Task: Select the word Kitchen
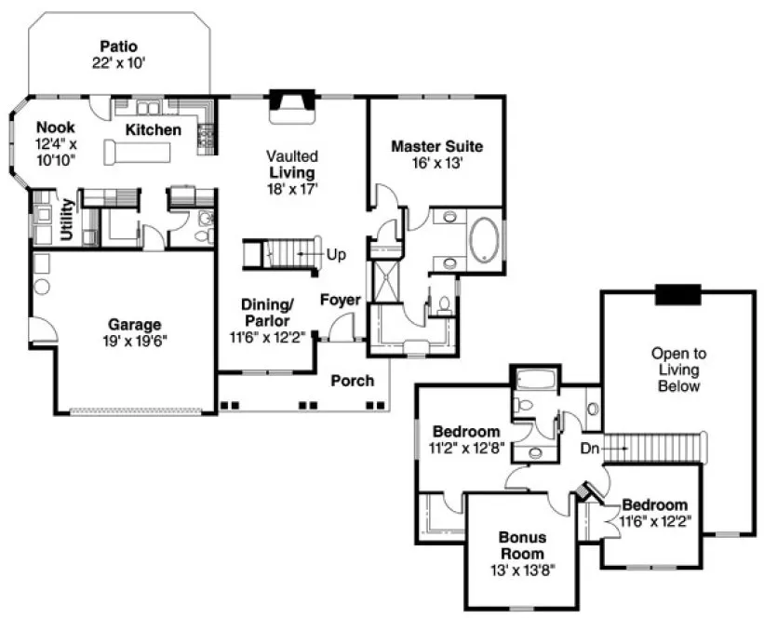154,130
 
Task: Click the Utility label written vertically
68,222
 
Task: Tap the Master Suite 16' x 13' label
436,154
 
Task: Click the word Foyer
340,300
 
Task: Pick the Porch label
352,381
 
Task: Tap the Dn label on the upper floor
588,449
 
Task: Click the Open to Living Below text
677,369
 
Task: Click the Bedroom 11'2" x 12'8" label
468,439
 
